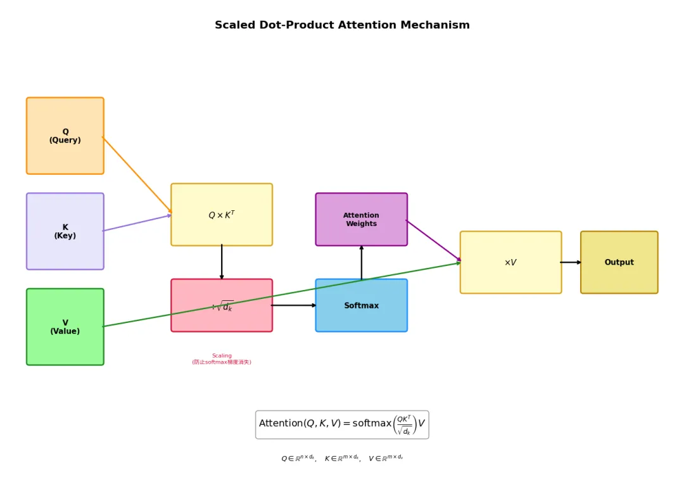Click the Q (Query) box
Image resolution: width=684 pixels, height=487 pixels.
click(x=65, y=136)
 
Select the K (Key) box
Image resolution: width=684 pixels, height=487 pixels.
click(x=65, y=231)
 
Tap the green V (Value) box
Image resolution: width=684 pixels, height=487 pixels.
click(x=65, y=327)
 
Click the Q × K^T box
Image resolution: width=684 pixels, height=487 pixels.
click(x=222, y=215)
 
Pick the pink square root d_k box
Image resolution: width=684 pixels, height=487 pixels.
click(x=222, y=305)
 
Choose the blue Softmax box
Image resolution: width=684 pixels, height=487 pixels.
click(x=362, y=305)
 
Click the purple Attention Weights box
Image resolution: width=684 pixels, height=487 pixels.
click(x=362, y=219)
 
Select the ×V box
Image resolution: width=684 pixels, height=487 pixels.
click(x=510, y=262)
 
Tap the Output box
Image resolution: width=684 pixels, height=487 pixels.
click(x=619, y=262)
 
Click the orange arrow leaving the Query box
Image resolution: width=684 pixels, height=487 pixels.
click(x=137, y=175)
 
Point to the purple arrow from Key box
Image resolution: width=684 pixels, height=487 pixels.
click(x=137, y=223)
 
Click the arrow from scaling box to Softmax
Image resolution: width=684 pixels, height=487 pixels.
click(x=294, y=305)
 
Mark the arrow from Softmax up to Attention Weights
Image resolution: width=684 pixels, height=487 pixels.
click(x=362, y=263)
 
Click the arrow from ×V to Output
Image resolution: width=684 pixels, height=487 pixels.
click(x=571, y=262)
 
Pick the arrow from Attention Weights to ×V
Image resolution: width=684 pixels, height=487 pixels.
click(x=434, y=241)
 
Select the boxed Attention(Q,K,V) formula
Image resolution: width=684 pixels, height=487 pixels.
click(x=342, y=424)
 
